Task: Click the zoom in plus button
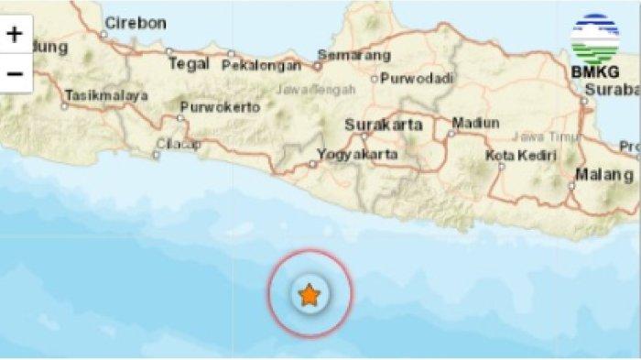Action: coord(15,36)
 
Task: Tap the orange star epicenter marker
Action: coord(310,295)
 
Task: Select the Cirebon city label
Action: coord(135,22)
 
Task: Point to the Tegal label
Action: coord(188,64)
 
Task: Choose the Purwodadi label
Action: coord(412,78)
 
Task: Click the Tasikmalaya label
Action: coord(107,94)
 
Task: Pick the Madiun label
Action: coord(475,123)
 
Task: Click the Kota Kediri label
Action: coord(521,155)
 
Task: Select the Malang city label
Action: coord(604,174)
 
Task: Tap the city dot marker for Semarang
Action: coord(319,65)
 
